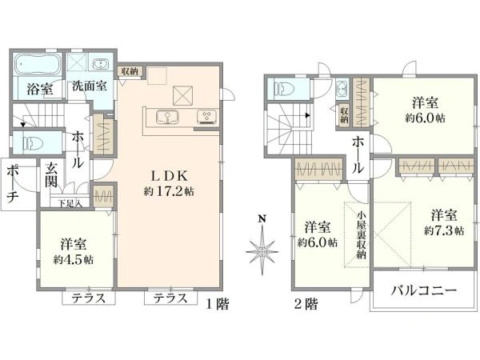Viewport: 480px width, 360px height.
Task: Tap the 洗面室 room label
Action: tap(90, 86)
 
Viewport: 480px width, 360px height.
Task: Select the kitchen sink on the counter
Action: tap(169, 118)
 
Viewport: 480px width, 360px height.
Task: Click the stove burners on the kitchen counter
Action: tap(206, 118)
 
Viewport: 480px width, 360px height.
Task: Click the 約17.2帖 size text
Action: tap(169, 192)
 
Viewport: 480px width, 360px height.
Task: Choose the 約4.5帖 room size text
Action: tap(74, 259)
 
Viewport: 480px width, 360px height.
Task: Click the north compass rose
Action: tap(261, 250)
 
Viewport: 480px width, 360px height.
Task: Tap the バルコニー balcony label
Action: tap(423, 291)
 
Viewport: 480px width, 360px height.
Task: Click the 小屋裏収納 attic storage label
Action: tap(362, 232)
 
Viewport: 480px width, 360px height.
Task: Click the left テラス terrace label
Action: tap(89, 298)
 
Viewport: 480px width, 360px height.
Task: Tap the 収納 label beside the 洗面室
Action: tap(130, 72)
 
